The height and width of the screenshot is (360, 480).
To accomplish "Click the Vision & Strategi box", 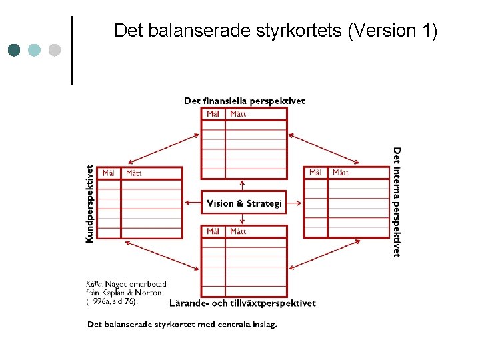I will [244, 203].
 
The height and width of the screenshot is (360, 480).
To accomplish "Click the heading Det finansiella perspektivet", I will [244, 101].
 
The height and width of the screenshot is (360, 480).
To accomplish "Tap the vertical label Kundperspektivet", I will [90, 203].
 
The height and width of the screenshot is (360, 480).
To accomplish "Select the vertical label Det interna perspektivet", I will [397, 202].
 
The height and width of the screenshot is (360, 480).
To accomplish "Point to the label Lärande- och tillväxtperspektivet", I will [243, 303].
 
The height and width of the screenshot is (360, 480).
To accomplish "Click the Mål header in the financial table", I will [213, 114].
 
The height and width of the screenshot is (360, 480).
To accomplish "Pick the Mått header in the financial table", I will [238, 114].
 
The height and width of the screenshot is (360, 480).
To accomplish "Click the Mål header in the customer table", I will [109, 173].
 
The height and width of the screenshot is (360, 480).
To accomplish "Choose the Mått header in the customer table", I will [133, 173].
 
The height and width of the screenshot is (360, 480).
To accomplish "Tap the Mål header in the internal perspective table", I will [316, 173].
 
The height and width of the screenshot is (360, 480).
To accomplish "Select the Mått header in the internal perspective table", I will [341, 173].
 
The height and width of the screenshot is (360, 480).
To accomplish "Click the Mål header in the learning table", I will [213, 231].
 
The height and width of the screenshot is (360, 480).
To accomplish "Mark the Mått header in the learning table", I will [238, 231].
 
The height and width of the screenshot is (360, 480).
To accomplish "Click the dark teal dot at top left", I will [15, 50].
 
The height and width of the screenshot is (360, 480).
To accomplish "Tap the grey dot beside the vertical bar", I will [55, 50].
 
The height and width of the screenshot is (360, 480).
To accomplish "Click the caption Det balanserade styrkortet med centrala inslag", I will [182, 325].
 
